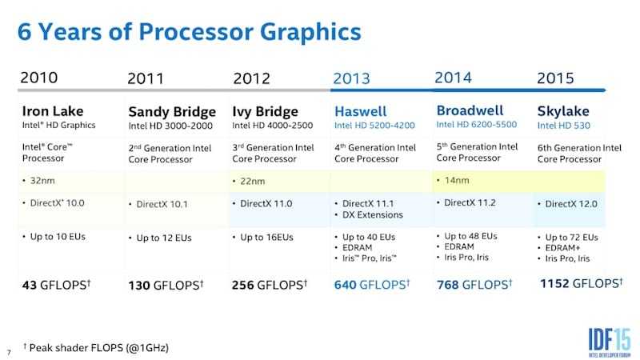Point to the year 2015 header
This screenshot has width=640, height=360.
(555, 78)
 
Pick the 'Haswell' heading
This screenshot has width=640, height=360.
(360, 111)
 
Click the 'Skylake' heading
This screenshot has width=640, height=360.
(563, 111)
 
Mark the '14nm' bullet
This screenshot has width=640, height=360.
(457, 182)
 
